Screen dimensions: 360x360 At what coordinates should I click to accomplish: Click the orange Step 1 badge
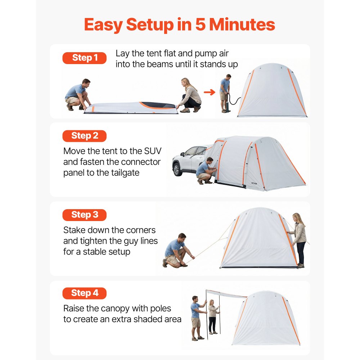85,58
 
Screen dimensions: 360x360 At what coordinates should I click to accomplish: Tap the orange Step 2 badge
85,136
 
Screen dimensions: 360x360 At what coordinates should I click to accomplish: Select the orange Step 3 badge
85,215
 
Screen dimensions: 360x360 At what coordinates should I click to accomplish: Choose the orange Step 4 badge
85,293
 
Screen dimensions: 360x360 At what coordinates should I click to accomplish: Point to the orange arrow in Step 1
209,92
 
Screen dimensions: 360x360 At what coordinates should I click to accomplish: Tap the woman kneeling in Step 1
190,95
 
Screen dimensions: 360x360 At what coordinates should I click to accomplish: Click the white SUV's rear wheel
177,169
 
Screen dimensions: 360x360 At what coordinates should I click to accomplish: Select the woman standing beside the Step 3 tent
299,239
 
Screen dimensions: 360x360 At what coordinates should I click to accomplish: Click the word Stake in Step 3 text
75,230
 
